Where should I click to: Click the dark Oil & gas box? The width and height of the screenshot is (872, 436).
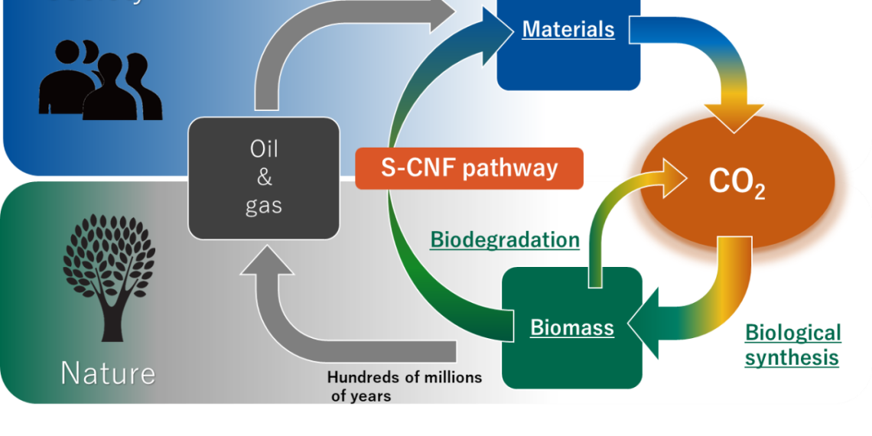[264, 177]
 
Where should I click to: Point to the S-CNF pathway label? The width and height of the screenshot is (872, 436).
[469, 168]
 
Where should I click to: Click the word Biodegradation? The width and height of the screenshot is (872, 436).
[505, 240]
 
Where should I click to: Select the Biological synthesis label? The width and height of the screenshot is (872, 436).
[792, 345]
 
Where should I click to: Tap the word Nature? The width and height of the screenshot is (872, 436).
[108, 373]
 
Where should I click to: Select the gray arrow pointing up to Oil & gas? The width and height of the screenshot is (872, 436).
[267, 264]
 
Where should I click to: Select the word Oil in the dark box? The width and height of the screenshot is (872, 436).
[264, 150]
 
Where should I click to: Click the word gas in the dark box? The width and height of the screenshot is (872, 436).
[264, 206]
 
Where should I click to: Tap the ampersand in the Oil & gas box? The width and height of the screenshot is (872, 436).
[264, 178]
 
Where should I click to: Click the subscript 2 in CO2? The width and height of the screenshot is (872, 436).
[759, 192]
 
